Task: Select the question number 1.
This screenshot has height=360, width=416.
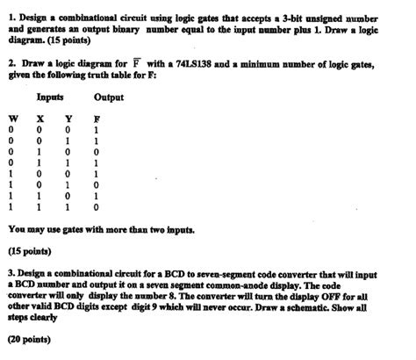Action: coord(10,12)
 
